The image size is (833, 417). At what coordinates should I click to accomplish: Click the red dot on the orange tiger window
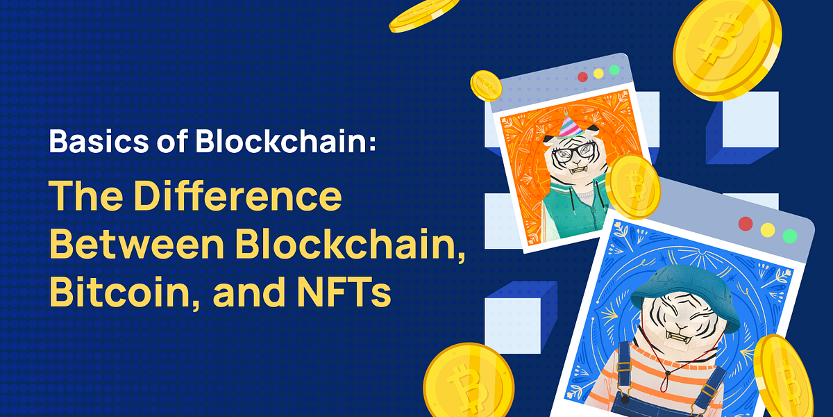(x=582, y=76)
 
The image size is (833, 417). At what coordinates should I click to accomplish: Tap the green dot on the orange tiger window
(x=614, y=70)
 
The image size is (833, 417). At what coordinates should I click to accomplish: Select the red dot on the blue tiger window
(x=746, y=224)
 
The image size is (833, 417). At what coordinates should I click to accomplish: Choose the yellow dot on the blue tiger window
(x=768, y=229)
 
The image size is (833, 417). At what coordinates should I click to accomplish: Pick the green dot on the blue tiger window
(x=789, y=236)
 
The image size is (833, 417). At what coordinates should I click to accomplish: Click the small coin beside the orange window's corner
(x=486, y=85)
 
